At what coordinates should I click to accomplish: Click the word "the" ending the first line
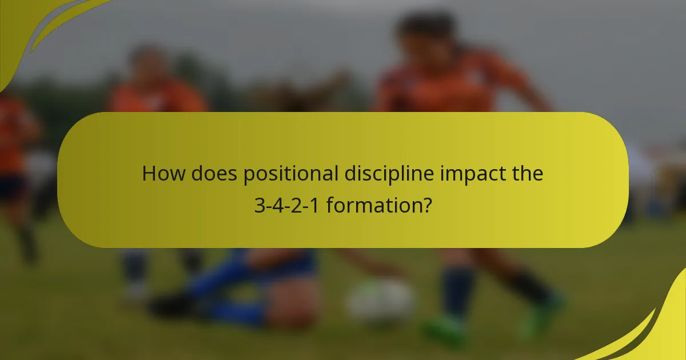click(x=527, y=173)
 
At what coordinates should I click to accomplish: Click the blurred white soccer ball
click(x=381, y=300)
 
